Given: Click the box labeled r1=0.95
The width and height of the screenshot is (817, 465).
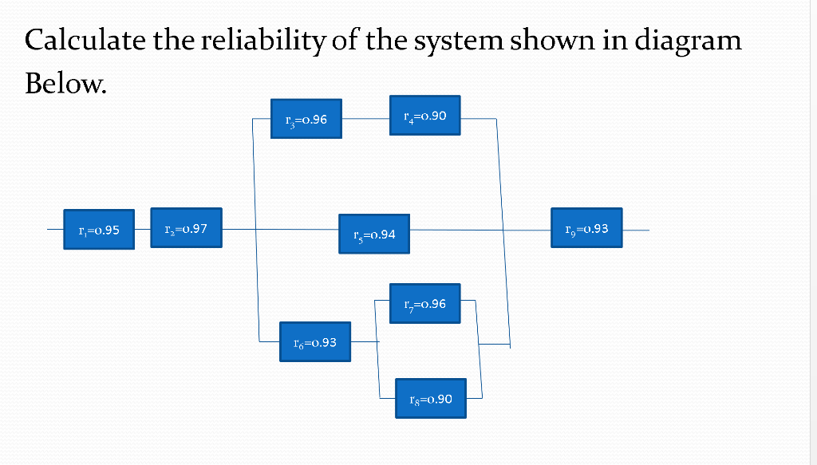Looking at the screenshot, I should pos(99,230).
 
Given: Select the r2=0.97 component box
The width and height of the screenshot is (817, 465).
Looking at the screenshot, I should pos(186,228).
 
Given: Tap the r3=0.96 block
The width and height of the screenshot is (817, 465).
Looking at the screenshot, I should pos(306,120).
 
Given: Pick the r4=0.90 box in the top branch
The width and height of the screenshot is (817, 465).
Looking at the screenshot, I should pos(425,116).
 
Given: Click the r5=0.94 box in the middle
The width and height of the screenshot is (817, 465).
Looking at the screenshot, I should pos(373,234).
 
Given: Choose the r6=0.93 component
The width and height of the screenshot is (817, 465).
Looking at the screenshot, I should pos(315,342).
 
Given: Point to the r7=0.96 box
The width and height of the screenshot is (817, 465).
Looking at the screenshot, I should pos(425,304).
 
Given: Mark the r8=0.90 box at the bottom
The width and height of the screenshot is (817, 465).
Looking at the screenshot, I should pos(430,398).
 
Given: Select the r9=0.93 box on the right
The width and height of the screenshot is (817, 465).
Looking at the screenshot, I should pos(586,229).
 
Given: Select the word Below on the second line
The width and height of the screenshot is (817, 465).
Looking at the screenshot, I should pos(64,82).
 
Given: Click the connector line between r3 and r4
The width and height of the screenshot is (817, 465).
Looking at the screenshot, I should pos(365,118).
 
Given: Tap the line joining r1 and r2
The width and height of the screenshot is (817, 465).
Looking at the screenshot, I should pos(142,229).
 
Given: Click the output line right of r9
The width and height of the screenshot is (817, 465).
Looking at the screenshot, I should pos(636,231).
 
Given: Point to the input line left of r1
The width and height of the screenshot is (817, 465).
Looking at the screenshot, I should pos(55,230).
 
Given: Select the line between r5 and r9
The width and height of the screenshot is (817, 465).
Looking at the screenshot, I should pos(479,231).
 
